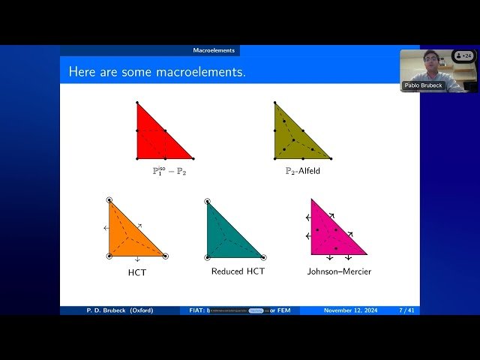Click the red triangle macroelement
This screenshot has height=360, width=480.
tap(154, 139)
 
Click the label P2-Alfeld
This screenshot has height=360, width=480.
tap(302, 171)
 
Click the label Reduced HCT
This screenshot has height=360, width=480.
tap(238, 271)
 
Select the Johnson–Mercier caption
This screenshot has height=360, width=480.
tap(339, 271)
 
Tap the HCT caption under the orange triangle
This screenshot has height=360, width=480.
tap(137, 272)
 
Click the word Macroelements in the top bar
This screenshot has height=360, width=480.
tap(214, 50)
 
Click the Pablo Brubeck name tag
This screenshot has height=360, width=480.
tap(424, 85)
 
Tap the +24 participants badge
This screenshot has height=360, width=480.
tap(464, 55)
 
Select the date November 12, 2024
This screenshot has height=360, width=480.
tap(352, 310)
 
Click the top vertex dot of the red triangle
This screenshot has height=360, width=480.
tap(137, 102)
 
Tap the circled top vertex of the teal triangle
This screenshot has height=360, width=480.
tap(208, 201)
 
